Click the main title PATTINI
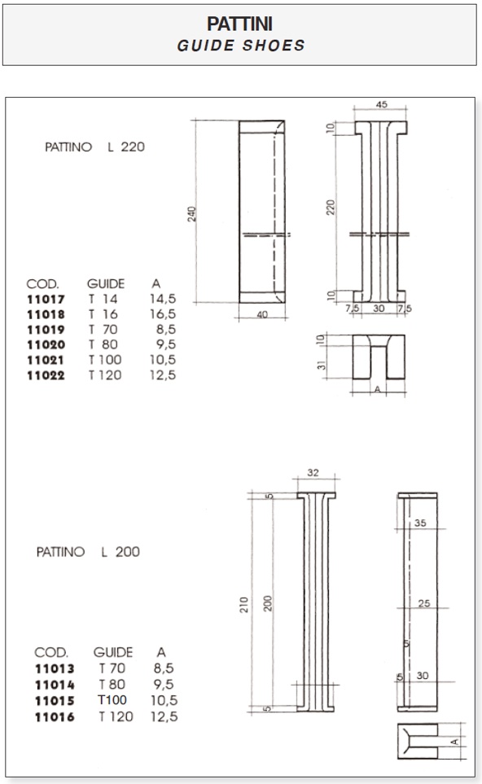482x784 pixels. tap(240, 24)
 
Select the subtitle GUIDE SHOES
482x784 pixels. tap(240, 46)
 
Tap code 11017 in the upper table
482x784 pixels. tap(46, 300)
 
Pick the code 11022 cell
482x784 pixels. tap(46, 375)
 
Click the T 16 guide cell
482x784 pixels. tap(103, 314)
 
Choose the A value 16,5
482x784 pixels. tap(163, 314)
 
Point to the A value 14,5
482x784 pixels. tap(163, 299)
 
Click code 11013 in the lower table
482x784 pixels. tap(55, 668)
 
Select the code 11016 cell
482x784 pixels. tap(55, 717)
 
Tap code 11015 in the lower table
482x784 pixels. tap(55, 701)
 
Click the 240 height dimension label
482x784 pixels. tap(191, 214)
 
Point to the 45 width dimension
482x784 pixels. tap(382, 104)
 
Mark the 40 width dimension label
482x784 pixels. tap(262, 314)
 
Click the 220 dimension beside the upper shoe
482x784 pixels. tap(331, 208)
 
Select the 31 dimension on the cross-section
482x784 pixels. tap(322, 365)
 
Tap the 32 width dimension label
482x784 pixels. tap(313, 472)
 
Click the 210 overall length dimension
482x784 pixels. tap(244, 605)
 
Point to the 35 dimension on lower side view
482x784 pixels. tap(420, 523)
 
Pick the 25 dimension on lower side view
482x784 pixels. tap(424, 603)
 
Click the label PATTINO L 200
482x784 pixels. tap(88, 552)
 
